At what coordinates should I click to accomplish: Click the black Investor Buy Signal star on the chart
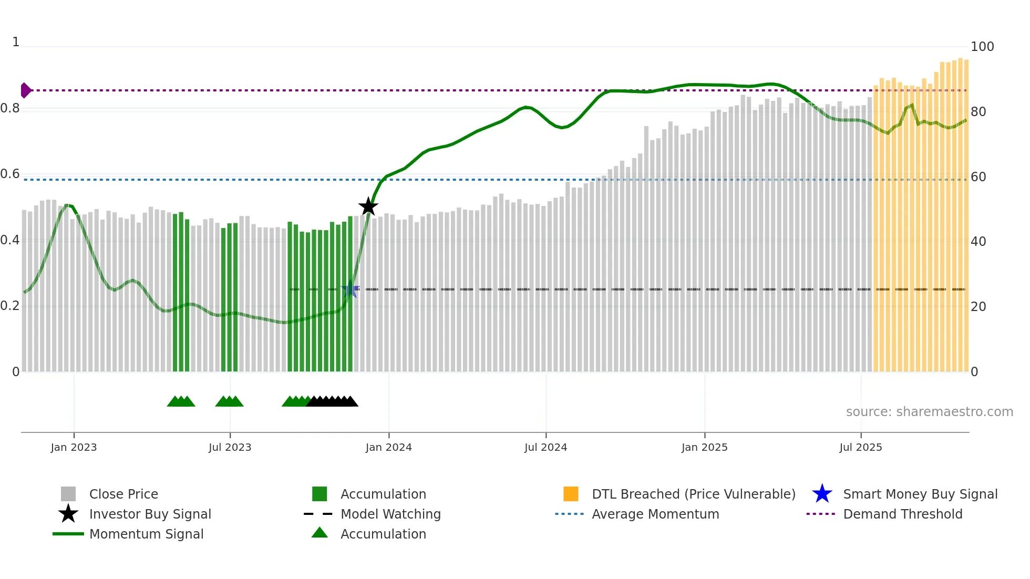(x=368, y=206)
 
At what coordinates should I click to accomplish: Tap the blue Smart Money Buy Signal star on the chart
(x=350, y=289)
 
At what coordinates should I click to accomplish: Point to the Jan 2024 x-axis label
(x=388, y=447)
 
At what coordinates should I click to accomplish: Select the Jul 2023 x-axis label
(x=230, y=447)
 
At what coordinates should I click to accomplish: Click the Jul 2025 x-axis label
(x=860, y=447)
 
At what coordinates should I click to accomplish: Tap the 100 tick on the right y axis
(x=982, y=47)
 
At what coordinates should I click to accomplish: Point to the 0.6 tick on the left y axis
(x=10, y=174)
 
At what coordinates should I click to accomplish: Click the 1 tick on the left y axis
(x=16, y=42)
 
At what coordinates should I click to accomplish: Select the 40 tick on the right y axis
(x=978, y=242)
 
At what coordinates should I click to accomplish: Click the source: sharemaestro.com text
(x=929, y=412)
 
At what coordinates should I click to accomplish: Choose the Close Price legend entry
(x=123, y=494)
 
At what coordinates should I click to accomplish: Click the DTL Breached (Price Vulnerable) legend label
(x=693, y=494)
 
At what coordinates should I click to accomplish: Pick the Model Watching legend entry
(x=390, y=514)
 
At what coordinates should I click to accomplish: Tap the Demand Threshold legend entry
(x=902, y=514)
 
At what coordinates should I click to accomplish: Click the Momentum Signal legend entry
(x=146, y=534)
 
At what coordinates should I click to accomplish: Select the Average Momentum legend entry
(x=655, y=514)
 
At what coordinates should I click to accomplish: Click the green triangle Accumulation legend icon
(x=320, y=533)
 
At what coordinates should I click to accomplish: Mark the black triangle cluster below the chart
(x=332, y=401)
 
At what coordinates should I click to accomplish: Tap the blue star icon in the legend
(x=822, y=494)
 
